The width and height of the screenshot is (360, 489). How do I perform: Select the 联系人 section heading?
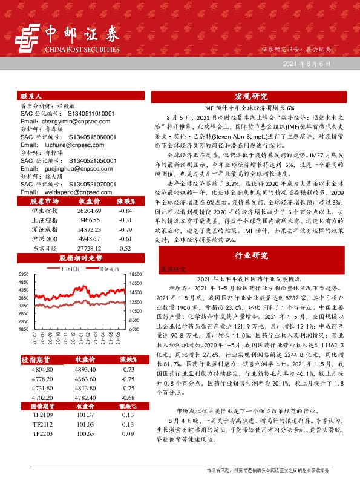(x=31, y=96)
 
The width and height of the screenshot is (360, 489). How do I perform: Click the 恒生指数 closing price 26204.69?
(x=85, y=210)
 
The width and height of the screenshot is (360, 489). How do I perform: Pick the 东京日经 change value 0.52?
(x=125, y=249)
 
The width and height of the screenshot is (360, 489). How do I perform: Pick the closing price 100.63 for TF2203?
(x=85, y=435)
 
